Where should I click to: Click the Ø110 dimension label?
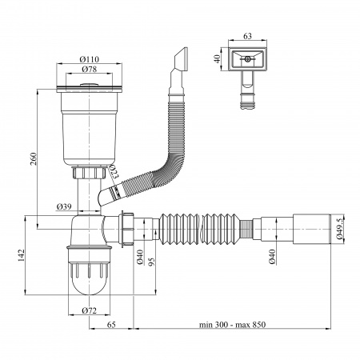click(89, 59)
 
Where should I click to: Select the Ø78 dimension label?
click(89, 70)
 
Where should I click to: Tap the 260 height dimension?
click(33, 158)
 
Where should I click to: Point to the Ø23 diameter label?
click(112, 171)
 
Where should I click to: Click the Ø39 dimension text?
click(64, 206)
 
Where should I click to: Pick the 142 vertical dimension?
click(21, 255)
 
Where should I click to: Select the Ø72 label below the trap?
click(89, 310)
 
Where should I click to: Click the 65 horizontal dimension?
click(111, 325)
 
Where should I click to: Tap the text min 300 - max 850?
click(232, 325)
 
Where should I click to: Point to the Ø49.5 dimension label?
click(339, 229)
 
